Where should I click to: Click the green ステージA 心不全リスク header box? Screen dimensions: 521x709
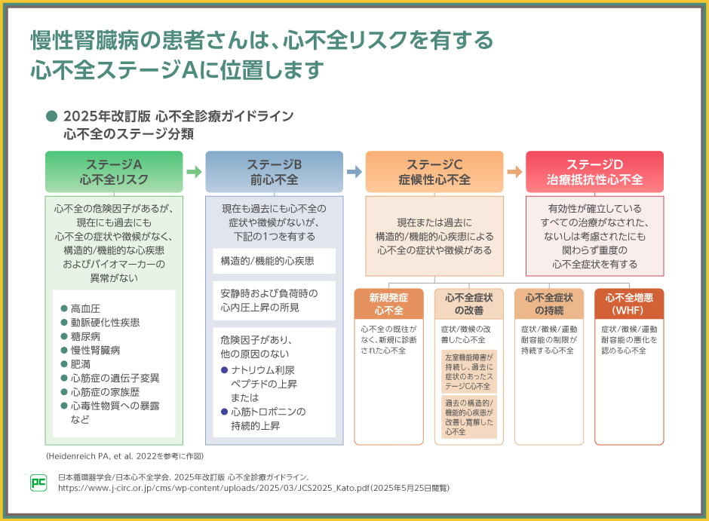pyautogui.click(x=114, y=171)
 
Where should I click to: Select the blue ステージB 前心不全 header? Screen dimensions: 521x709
pyautogui.click(x=274, y=171)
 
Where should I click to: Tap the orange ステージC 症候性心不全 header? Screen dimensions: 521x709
pyautogui.click(x=434, y=171)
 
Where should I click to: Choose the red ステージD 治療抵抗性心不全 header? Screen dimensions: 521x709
pyautogui.click(x=594, y=171)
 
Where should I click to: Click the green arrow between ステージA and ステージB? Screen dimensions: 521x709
pyautogui.click(x=194, y=172)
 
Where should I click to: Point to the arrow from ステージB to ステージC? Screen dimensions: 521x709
pyautogui.click(x=354, y=172)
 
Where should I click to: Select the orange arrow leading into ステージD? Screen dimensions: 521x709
pyautogui.click(x=514, y=172)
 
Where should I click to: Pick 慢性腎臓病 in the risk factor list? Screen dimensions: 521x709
pyautogui.click(x=95, y=350)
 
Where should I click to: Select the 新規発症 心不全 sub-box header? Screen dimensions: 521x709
pyautogui.click(x=388, y=304)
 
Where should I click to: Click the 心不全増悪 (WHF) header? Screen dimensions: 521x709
pyautogui.click(x=629, y=304)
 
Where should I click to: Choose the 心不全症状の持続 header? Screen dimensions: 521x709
pyautogui.click(x=549, y=304)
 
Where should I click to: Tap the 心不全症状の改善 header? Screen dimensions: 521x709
pyautogui.click(x=469, y=304)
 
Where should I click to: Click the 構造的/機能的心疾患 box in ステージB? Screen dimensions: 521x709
pyautogui.click(x=274, y=261)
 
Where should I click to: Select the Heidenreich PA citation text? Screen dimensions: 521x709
pyautogui.click(x=124, y=456)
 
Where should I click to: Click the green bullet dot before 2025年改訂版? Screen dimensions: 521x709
pyautogui.click(x=51, y=116)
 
